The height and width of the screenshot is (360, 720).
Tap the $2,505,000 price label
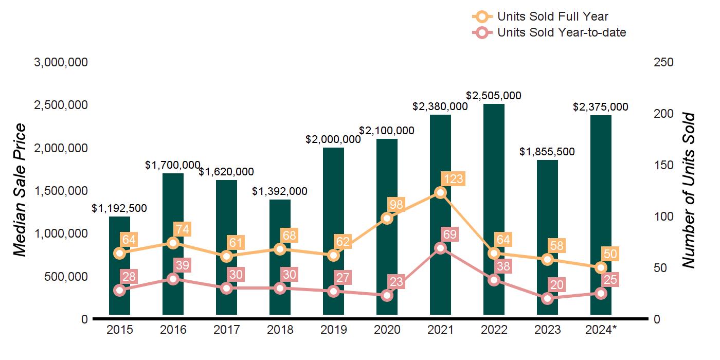pyautogui.click(x=494, y=96)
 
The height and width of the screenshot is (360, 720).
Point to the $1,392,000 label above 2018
pyautogui.click(x=280, y=191)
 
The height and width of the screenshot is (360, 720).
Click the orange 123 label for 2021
pyautogui.click(x=453, y=179)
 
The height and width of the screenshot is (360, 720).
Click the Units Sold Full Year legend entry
pyautogui.click(x=552, y=16)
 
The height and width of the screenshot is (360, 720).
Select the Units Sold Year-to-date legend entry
pyautogui.click(x=561, y=32)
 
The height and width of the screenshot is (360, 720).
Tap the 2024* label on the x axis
pyautogui.click(x=600, y=330)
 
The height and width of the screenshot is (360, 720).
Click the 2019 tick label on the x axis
pyautogui.click(x=333, y=330)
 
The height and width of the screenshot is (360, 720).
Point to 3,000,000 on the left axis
pyautogui.click(x=61, y=62)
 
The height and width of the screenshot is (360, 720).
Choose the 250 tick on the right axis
pyautogui.click(x=663, y=62)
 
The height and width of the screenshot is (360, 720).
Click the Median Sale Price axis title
pyautogui.click(x=20, y=190)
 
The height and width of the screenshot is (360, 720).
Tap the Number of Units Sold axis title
pyautogui.click(x=689, y=190)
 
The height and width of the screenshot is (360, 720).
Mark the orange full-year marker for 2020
pyautogui.click(x=387, y=218)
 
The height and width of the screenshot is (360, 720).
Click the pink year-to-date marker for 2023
pyautogui.click(x=547, y=298)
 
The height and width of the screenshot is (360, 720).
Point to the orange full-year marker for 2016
pyautogui.click(x=173, y=243)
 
